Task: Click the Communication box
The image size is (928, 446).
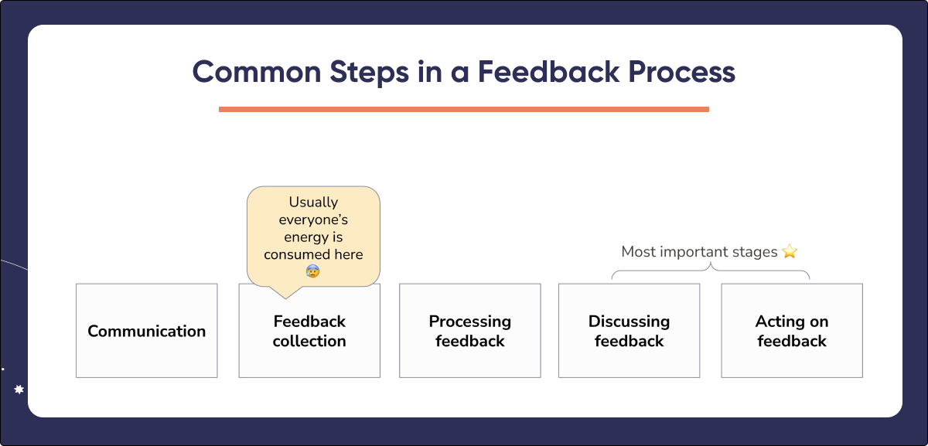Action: (x=146, y=331)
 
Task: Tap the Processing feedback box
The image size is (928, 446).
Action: (x=469, y=331)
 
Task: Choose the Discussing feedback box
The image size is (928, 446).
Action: (x=629, y=331)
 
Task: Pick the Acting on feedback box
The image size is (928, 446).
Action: (x=791, y=331)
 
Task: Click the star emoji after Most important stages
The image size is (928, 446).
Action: (x=789, y=252)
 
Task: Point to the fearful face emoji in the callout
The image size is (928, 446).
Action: (x=312, y=271)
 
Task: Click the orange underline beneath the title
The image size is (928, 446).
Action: (x=463, y=109)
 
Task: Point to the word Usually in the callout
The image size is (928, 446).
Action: (x=313, y=203)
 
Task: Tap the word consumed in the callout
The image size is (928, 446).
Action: (x=295, y=254)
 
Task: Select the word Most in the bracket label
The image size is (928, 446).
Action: (x=638, y=252)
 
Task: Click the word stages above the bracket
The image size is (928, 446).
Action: (x=757, y=252)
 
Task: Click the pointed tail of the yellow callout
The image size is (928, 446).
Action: (x=285, y=292)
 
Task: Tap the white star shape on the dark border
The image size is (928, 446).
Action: (x=19, y=390)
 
